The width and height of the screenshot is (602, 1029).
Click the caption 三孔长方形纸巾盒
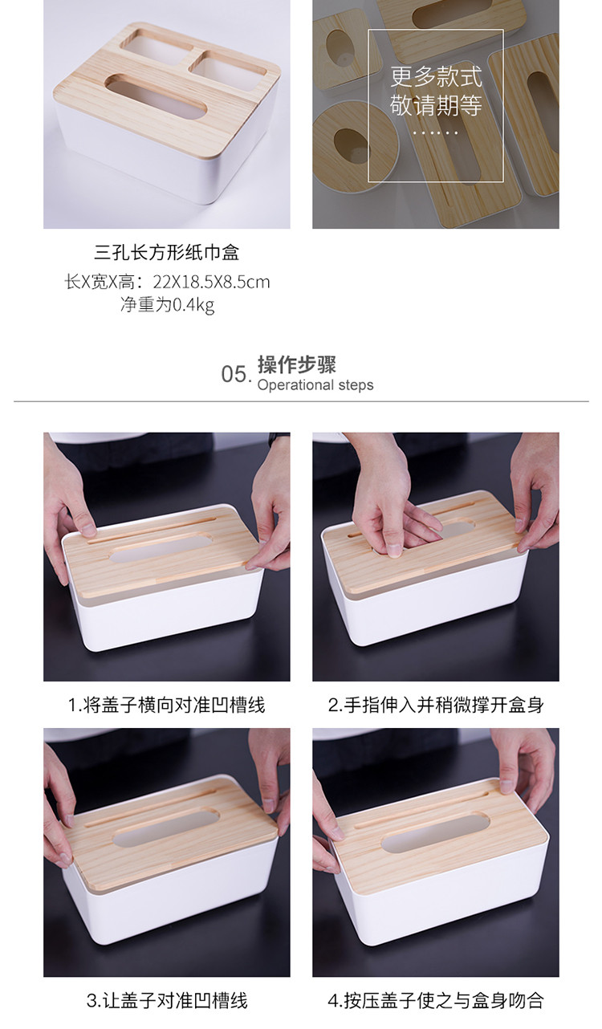click(167, 253)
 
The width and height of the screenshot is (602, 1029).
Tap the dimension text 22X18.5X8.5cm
click(211, 282)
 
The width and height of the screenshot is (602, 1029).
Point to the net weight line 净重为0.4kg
click(167, 304)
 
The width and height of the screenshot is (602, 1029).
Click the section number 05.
click(236, 374)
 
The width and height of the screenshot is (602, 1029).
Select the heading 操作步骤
click(297, 364)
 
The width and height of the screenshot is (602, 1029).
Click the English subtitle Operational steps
click(315, 385)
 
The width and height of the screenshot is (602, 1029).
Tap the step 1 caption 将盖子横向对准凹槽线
click(173, 706)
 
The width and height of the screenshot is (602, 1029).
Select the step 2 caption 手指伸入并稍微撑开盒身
click(444, 706)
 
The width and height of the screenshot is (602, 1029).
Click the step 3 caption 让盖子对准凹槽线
click(175, 1001)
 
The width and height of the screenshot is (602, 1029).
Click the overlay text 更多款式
click(436, 76)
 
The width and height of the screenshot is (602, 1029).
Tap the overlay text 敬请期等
click(436, 105)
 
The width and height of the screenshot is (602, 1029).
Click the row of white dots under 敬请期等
click(436, 132)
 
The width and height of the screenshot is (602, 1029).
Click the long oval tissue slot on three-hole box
click(157, 97)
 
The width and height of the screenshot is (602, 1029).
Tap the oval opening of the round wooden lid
click(352, 145)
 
